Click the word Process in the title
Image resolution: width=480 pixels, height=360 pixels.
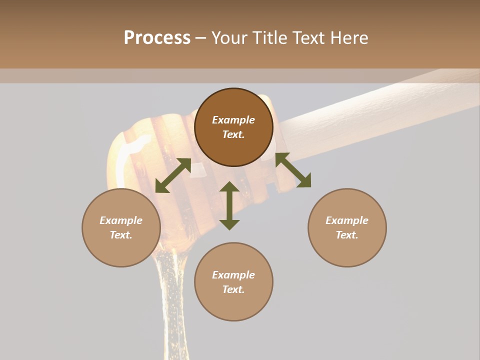click(157, 38)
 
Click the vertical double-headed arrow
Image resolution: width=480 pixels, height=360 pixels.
click(229, 206)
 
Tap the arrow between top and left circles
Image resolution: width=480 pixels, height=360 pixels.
click(173, 175)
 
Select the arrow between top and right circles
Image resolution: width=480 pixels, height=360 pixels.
click(293, 170)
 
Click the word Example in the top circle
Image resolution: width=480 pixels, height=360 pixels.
click(233, 120)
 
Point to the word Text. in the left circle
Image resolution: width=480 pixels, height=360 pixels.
click(121, 235)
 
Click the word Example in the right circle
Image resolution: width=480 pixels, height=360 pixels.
click(347, 220)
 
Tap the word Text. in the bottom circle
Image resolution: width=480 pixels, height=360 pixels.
click(233, 289)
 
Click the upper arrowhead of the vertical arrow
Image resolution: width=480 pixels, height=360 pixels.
click(229, 187)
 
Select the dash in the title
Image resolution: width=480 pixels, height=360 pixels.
click(200, 38)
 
